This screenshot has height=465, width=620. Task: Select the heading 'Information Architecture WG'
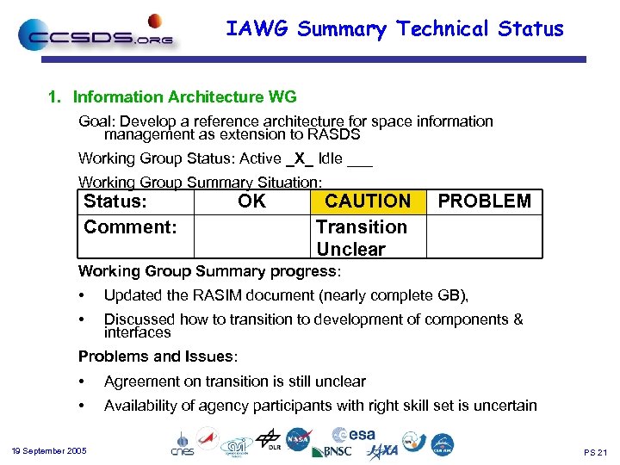(184, 97)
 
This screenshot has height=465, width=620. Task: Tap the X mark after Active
(299, 158)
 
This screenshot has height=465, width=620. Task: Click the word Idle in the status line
(331, 158)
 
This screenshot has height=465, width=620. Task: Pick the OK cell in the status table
(251, 201)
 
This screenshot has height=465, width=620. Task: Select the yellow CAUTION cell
(368, 201)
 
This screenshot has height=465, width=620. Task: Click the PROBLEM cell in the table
(485, 201)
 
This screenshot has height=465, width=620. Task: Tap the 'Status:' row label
(115, 201)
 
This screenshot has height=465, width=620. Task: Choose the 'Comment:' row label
(130, 227)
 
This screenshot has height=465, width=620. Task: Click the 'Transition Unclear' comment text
(361, 238)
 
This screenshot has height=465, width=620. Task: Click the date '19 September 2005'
(49, 451)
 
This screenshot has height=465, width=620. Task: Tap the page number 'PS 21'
(595, 452)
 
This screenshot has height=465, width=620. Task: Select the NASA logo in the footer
(298, 439)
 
